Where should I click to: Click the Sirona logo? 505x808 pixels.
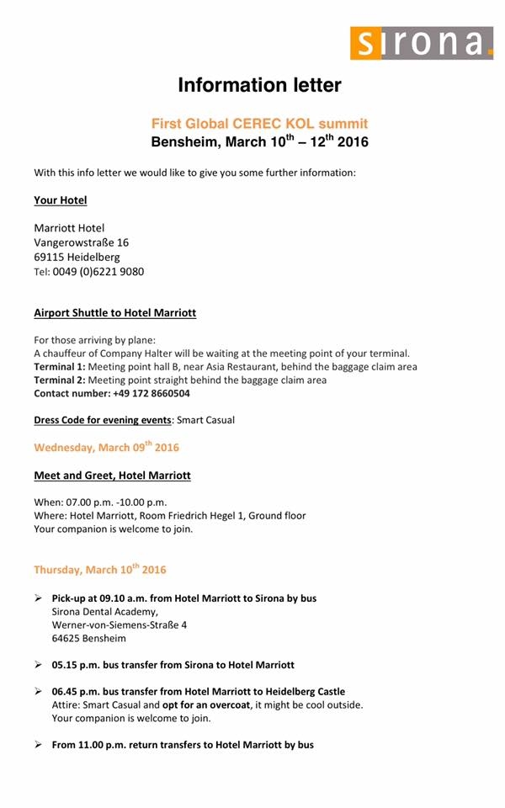tap(422, 42)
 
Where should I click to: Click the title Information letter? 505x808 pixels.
tap(259, 85)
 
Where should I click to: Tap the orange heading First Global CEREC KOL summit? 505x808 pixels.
tap(259, 124)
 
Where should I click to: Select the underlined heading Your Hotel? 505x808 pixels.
tap(60, 200)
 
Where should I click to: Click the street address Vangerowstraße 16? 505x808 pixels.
tap(81, 242)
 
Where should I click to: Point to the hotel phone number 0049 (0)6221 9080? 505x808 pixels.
tap(98, 272)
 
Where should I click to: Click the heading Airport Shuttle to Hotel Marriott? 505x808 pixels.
tap(114, 313)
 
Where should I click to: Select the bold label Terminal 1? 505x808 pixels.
tap(58, 367)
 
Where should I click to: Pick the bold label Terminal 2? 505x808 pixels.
tap(58, 380)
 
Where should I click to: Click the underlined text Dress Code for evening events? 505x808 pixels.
tap(102, 420)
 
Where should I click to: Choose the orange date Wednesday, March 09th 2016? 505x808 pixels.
tap(106, 447)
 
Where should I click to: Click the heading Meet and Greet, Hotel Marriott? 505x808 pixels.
tap(112, 476)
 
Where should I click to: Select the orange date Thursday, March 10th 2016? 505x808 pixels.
tap(99, 570)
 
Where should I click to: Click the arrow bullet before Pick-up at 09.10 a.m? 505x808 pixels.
tap(39, 598)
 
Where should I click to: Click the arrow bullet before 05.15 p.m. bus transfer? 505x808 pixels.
tap(39, 665)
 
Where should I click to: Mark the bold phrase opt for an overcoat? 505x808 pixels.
tap(205, 704)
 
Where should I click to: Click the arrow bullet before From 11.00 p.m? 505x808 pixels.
tap(39, 745)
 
